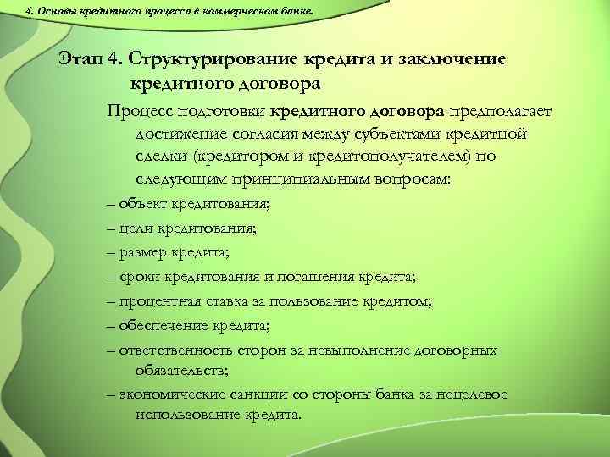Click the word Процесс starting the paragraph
[x=136, y=110]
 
